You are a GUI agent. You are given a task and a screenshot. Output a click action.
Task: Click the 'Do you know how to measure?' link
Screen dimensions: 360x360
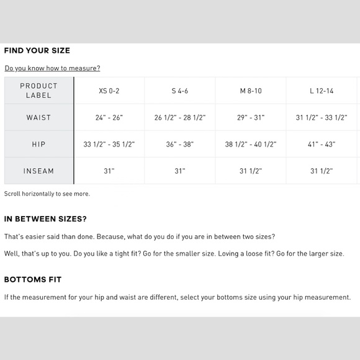click(52, 68)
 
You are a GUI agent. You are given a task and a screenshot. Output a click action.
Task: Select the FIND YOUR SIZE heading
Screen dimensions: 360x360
click(37, 50)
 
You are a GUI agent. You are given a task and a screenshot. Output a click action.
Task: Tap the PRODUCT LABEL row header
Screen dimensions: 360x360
click(38, 91)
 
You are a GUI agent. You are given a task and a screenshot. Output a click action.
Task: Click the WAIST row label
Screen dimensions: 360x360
click(38, 117)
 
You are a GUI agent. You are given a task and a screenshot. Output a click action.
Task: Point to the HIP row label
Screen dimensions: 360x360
click(38, 144)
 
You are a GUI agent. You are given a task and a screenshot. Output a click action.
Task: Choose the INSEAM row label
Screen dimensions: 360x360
click(38, 171)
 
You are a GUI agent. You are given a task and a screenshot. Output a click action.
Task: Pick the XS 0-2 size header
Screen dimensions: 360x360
click(109, 91)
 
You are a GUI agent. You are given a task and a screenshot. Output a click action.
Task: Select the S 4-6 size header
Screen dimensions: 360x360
click(180, 91)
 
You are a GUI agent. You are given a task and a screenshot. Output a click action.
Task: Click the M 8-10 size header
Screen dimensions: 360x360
click(251, 91)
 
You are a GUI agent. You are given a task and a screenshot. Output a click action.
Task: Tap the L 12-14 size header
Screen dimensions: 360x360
click(322, 91)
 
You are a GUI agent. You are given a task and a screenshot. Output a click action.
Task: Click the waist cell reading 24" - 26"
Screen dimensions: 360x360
click(109, 117)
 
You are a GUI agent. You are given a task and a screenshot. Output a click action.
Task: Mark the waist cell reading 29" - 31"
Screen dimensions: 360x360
click(251, 117)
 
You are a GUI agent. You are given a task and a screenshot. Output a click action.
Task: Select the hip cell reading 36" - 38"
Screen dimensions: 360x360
click(180, 144)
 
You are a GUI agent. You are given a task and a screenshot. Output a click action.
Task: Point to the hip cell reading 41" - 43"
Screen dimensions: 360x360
click(322, 144)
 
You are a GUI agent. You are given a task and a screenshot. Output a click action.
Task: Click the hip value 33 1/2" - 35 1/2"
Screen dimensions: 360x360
click(109, 144)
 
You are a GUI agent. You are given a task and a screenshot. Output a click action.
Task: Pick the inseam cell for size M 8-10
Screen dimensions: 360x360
click(251, 171)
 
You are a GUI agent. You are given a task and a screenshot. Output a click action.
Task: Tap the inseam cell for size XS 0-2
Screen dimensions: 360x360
click(109, 171)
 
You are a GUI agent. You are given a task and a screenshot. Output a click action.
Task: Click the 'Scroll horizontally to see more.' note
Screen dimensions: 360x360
click(47, 194)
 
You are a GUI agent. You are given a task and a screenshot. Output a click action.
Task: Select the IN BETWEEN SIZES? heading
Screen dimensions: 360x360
click(45, 218)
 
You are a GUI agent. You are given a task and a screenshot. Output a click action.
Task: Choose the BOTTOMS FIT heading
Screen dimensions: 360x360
click(33, 279)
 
